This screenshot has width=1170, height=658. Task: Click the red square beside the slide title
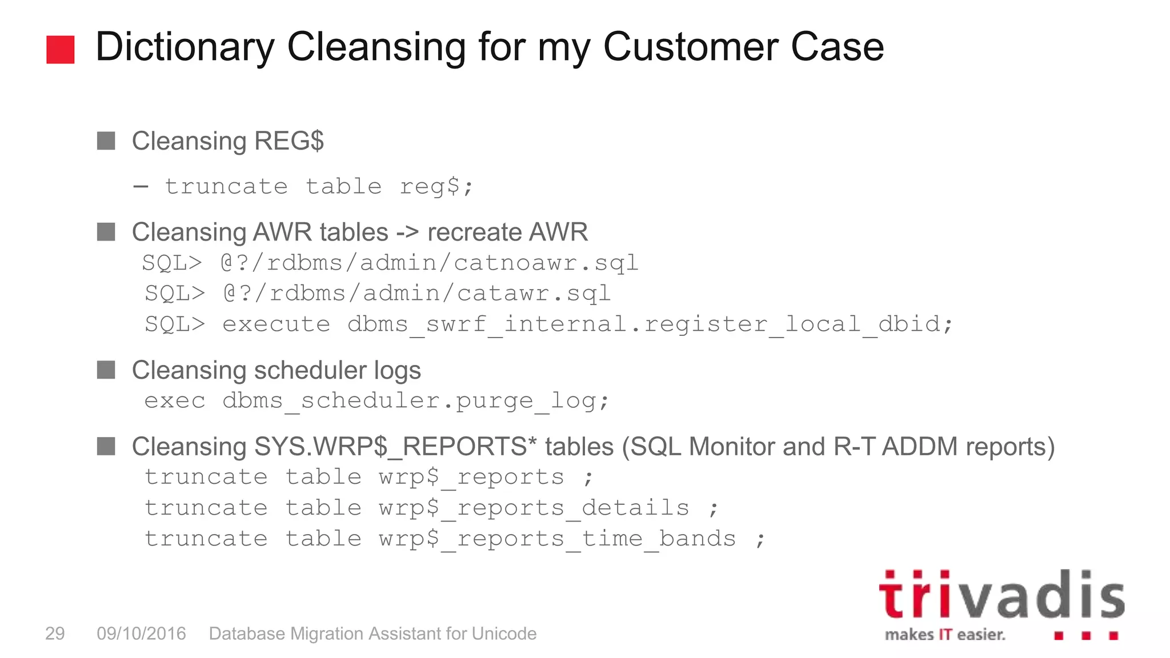tap(60, 49)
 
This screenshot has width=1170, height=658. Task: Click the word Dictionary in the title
tap(185, 47)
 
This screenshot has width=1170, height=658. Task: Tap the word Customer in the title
tap(689, 47)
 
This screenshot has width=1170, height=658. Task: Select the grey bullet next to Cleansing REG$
tap(106, 141)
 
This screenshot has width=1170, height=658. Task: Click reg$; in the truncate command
tap(436, 186)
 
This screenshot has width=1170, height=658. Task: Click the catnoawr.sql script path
tap(430, 263)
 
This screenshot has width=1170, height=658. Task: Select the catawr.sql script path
tap(418, 294)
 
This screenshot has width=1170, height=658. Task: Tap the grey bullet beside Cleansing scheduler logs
tap(106, 370)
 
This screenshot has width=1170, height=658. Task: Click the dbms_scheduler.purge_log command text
tap(415, 401)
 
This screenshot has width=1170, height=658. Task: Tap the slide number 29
tap(55, 633)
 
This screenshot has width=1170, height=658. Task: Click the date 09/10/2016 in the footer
tap(141, 633)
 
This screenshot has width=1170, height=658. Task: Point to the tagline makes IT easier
tap(945, 635)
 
